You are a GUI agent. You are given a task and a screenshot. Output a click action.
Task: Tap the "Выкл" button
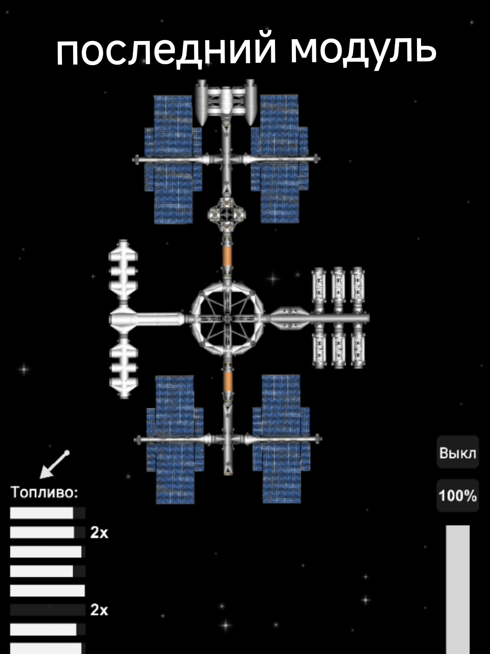[x=457, y=453]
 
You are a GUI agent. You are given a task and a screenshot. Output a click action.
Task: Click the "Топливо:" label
[x=44, y=492]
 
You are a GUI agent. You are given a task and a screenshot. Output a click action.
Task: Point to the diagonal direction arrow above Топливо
[x=54, y=465]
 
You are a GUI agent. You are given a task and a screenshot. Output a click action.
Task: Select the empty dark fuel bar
[x=47, y=610]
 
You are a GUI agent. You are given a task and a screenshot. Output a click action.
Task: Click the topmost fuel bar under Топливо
[x=47, y=513]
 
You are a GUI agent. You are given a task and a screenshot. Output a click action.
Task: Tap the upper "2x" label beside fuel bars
[x=99, y=532]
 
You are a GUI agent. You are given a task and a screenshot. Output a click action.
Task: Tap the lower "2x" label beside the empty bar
[x=99, y=610]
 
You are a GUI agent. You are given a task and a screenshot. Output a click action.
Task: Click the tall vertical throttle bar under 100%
[x=457, y=590]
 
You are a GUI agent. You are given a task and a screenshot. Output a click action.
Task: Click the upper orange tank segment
[x=227, y=256]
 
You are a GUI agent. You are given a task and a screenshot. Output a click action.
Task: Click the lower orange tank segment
[x=228, y=382]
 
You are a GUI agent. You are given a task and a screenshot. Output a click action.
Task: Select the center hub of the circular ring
[x=228, y=319]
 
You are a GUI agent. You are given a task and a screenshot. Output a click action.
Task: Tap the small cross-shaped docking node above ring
[x=227, y=214]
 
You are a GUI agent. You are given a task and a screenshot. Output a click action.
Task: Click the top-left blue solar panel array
[x=173, y=159]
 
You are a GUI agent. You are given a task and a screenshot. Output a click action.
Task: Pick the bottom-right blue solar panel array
[x=282, y=439]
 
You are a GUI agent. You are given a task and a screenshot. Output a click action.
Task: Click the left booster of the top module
[x=201, y=102]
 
